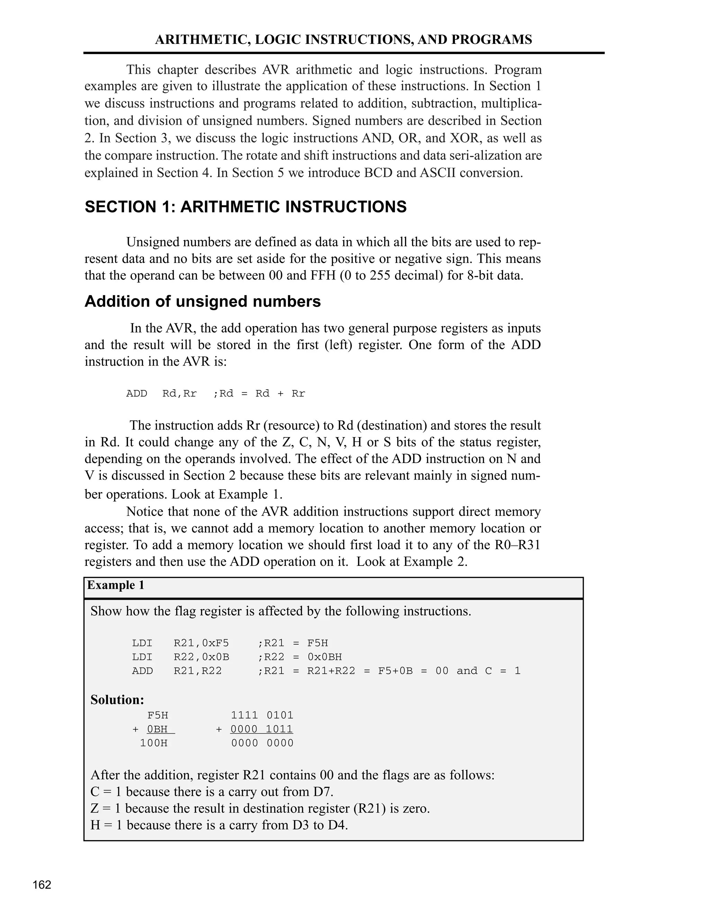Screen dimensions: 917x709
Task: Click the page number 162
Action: tap(42, 885)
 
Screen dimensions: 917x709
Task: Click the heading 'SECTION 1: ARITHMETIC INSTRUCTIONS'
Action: tap(245, 207)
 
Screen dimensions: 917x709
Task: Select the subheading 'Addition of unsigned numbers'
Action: tap(203, 301)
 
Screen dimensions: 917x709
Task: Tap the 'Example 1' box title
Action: tap(116, 585)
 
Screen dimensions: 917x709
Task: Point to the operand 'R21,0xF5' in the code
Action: tap(201, 643)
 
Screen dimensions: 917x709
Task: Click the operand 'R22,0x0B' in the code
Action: tap(201, 657)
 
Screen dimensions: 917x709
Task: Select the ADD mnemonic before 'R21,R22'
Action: tap(142, 671)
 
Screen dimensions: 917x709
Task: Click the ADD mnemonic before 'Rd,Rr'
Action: tap(136, 393)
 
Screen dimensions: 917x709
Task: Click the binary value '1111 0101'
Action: tap(262, 715)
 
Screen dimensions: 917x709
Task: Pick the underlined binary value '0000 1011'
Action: tap(262, 729)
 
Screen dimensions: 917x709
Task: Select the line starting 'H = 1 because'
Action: tap(219, 825)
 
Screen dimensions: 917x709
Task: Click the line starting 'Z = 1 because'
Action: tap(260, 808)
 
